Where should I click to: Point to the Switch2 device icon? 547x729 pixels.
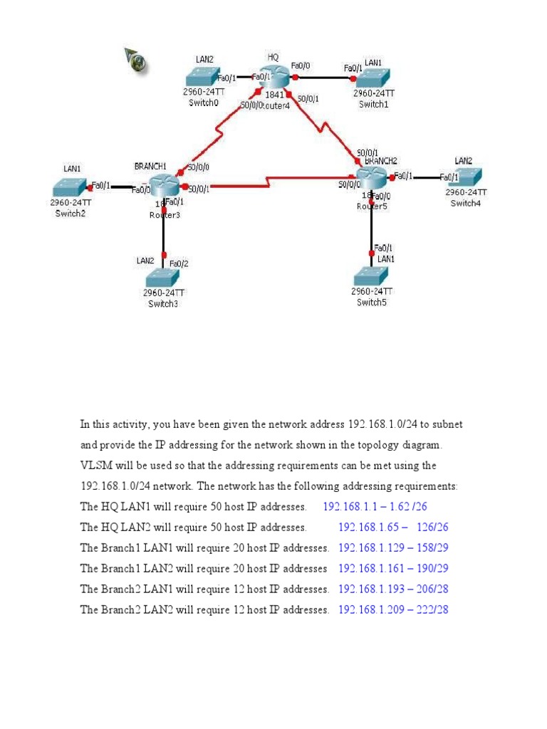(71, 187)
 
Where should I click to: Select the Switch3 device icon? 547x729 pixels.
(163, 278)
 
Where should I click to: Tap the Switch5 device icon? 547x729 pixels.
(371, 276)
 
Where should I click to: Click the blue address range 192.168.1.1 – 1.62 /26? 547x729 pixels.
(375, 507)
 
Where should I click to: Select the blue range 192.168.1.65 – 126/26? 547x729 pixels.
(393, 528)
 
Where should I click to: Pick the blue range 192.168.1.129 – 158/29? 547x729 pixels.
(393, 548)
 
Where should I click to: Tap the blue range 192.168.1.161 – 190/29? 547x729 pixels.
(393, 569)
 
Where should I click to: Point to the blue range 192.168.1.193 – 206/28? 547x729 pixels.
(393, 589)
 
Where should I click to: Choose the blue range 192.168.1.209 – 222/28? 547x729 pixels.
(393, 610)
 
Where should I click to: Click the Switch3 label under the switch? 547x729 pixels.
(163, 304)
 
